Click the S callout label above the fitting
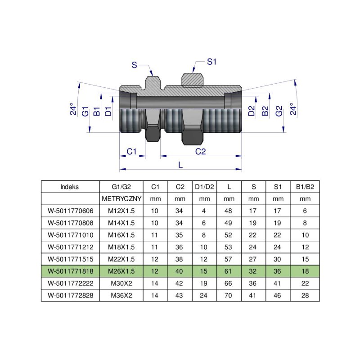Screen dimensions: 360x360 (x=134, y=65)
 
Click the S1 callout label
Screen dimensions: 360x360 (x=212, y=62)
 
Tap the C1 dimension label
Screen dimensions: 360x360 (x=131, y=152)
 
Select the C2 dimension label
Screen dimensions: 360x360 (x=200, y=152)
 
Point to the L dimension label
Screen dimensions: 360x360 (x=180, y=165)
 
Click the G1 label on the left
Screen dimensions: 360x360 (x=85, y=112)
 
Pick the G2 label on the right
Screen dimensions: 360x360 (x=279, y=112)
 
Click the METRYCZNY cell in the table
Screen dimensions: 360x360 (x=121, y=198)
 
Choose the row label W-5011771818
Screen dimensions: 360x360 (x=70, y=271)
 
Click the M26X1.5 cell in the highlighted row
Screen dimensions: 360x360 (x=121, y=271)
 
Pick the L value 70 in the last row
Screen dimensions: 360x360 (x=229, y=296)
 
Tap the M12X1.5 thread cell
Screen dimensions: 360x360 (x=121, y=211)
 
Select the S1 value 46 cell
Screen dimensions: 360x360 (x=278, y=296)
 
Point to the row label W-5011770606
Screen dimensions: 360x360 (x=70, y=211)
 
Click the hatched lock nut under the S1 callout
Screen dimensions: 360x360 (x=192, y=80)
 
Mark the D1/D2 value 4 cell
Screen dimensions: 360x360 (x=204, y=211)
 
